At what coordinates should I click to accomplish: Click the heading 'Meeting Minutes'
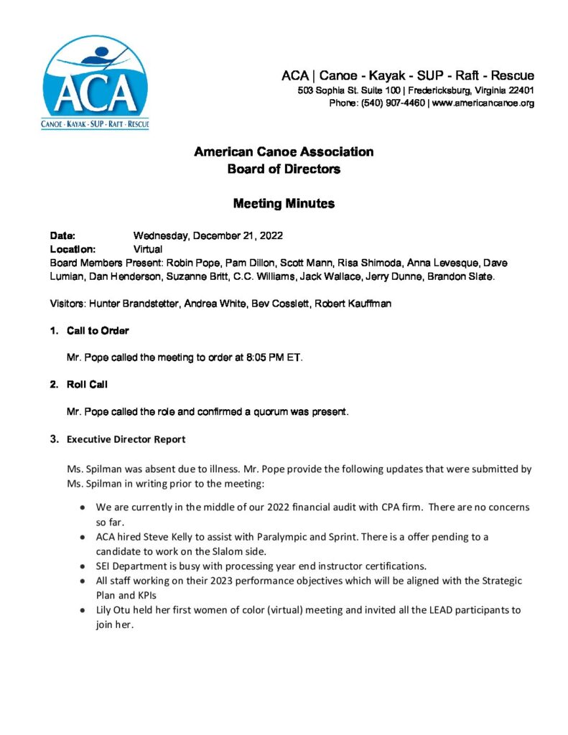click(284, 204)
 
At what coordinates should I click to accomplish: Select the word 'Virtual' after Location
click(148, 249)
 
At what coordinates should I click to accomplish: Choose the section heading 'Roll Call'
click(87, 385)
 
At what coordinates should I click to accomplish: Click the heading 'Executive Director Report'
click(126, 439)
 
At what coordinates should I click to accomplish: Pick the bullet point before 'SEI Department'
click(84, 566)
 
